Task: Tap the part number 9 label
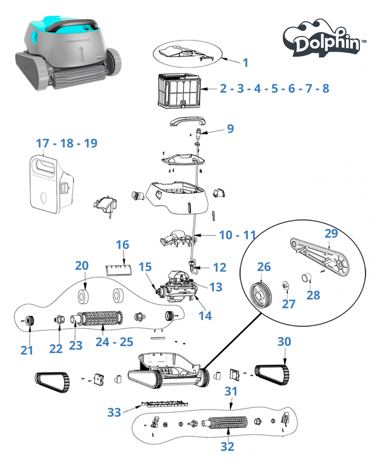coord(230,129)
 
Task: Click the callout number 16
coord(123,245)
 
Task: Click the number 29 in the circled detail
coord(331,233)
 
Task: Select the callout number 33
coord(114,412)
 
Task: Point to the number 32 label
coord(227,447)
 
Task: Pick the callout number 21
coord(27,349)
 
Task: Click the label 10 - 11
coord(237,235)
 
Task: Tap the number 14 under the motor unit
coord(205,315)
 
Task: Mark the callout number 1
coord(245,63)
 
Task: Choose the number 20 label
coord(82,266)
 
